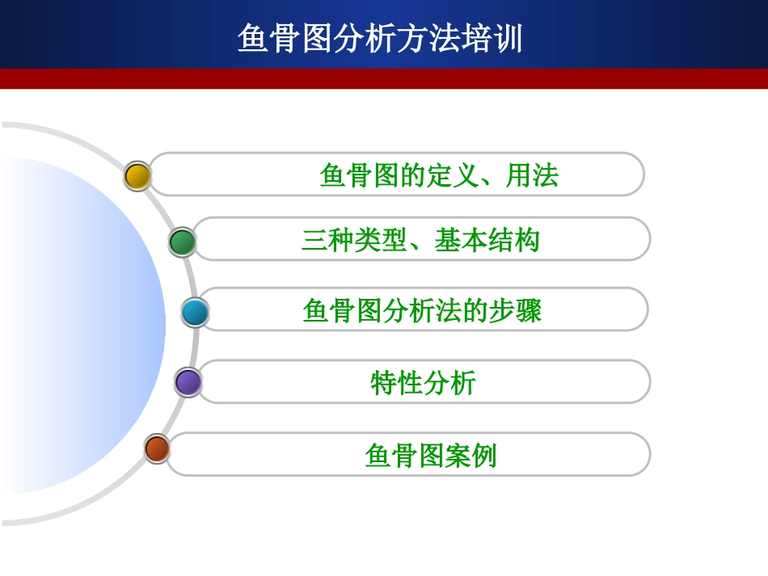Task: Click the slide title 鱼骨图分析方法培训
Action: pos(380,38)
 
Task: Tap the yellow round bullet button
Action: pos(138,176)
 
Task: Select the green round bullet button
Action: pos(183,242)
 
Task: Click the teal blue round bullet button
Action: pos(195,313)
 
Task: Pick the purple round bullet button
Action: pos(188,382)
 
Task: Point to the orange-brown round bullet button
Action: pos(157,448)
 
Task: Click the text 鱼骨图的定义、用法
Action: pos(439,175)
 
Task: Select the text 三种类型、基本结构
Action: pos(420,241)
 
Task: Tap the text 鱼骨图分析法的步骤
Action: pos(422,311)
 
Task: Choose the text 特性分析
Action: pos(423,382)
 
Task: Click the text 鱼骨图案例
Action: pos(430,456)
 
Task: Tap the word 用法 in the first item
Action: pos(532,175)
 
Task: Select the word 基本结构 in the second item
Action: pos(487,241)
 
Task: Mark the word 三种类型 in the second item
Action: pos(354,241)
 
